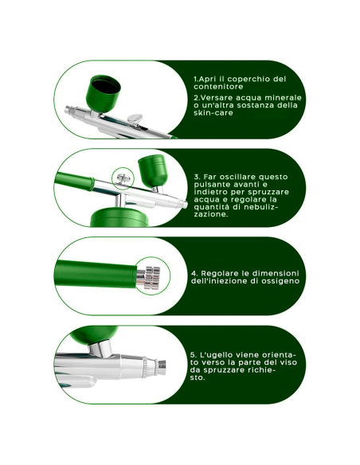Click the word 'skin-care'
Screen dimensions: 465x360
[x=212, y=114]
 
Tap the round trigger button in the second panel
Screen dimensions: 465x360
[x=123, y=178]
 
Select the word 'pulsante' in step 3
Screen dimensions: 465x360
[x=216, y=184]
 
